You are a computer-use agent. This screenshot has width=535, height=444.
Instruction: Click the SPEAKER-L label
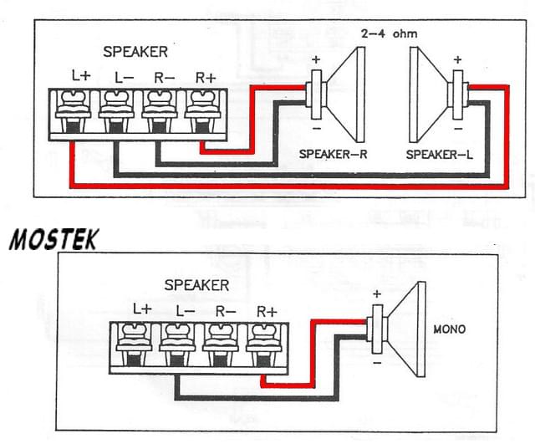435,155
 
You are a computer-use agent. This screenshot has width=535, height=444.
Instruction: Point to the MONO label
450,329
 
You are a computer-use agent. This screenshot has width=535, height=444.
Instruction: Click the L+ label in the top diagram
81,75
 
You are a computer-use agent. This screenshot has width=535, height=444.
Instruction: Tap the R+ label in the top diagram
205,75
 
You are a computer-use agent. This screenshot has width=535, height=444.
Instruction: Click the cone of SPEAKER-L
425,92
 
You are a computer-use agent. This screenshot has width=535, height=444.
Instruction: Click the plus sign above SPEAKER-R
316,60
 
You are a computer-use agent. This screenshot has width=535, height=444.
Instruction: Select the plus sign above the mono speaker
376,293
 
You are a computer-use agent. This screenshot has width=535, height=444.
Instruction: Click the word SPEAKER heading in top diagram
135,52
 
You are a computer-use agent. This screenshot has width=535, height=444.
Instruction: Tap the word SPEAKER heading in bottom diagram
196,285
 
